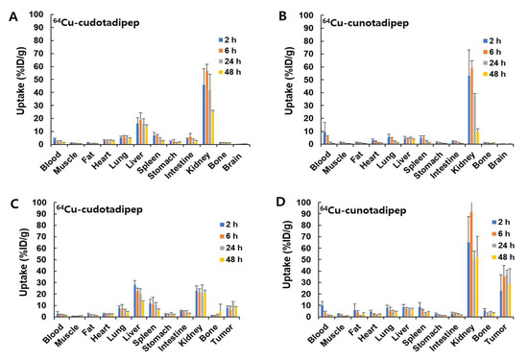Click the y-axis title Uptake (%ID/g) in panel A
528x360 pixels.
click(18, 86)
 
